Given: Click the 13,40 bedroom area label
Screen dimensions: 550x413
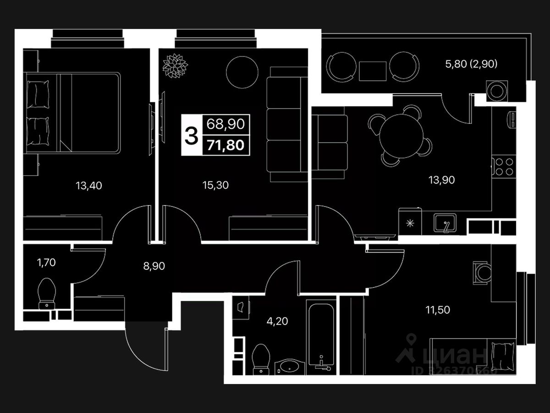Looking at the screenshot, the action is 89,185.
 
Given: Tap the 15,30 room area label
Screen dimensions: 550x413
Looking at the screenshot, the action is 215,185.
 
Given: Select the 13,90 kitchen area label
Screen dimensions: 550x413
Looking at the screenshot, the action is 441,180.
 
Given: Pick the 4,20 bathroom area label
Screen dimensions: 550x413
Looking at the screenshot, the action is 277,321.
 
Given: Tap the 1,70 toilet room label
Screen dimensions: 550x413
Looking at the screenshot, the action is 46,262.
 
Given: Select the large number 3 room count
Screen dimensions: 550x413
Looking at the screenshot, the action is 191,135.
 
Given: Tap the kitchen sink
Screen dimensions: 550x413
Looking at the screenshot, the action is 445,223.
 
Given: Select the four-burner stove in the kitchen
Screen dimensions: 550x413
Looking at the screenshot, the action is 503,167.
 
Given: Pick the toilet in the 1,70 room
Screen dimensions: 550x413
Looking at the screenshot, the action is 47,293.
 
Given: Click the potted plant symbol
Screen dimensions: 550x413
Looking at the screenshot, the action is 175,67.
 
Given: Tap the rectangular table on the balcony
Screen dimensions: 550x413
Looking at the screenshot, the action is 373,71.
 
